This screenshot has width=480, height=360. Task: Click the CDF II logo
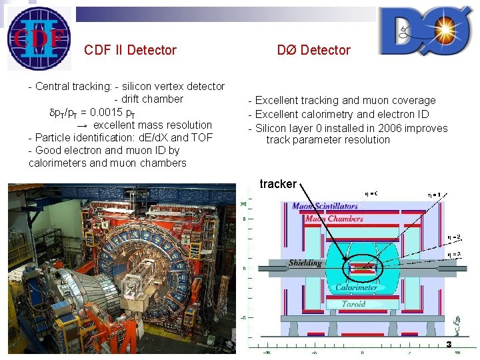(x=39, y=38)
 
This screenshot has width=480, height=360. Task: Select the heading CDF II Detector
(x=130, y=50)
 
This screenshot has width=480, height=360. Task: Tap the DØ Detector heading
(x=313, y=50)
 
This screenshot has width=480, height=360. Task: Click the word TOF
(x=201, y=137)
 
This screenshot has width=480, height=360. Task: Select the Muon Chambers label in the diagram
(x=334, y=219)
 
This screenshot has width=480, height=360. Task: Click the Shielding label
(x=305, y=263)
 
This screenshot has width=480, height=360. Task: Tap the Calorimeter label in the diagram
(x=357, y=288)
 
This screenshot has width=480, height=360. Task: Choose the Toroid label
(x=353, y=304)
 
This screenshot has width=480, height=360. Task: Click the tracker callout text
(x=278, y=184)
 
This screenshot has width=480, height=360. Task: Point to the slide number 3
(x=449, y=344)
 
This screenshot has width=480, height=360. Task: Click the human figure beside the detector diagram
(x=458, y=327)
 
